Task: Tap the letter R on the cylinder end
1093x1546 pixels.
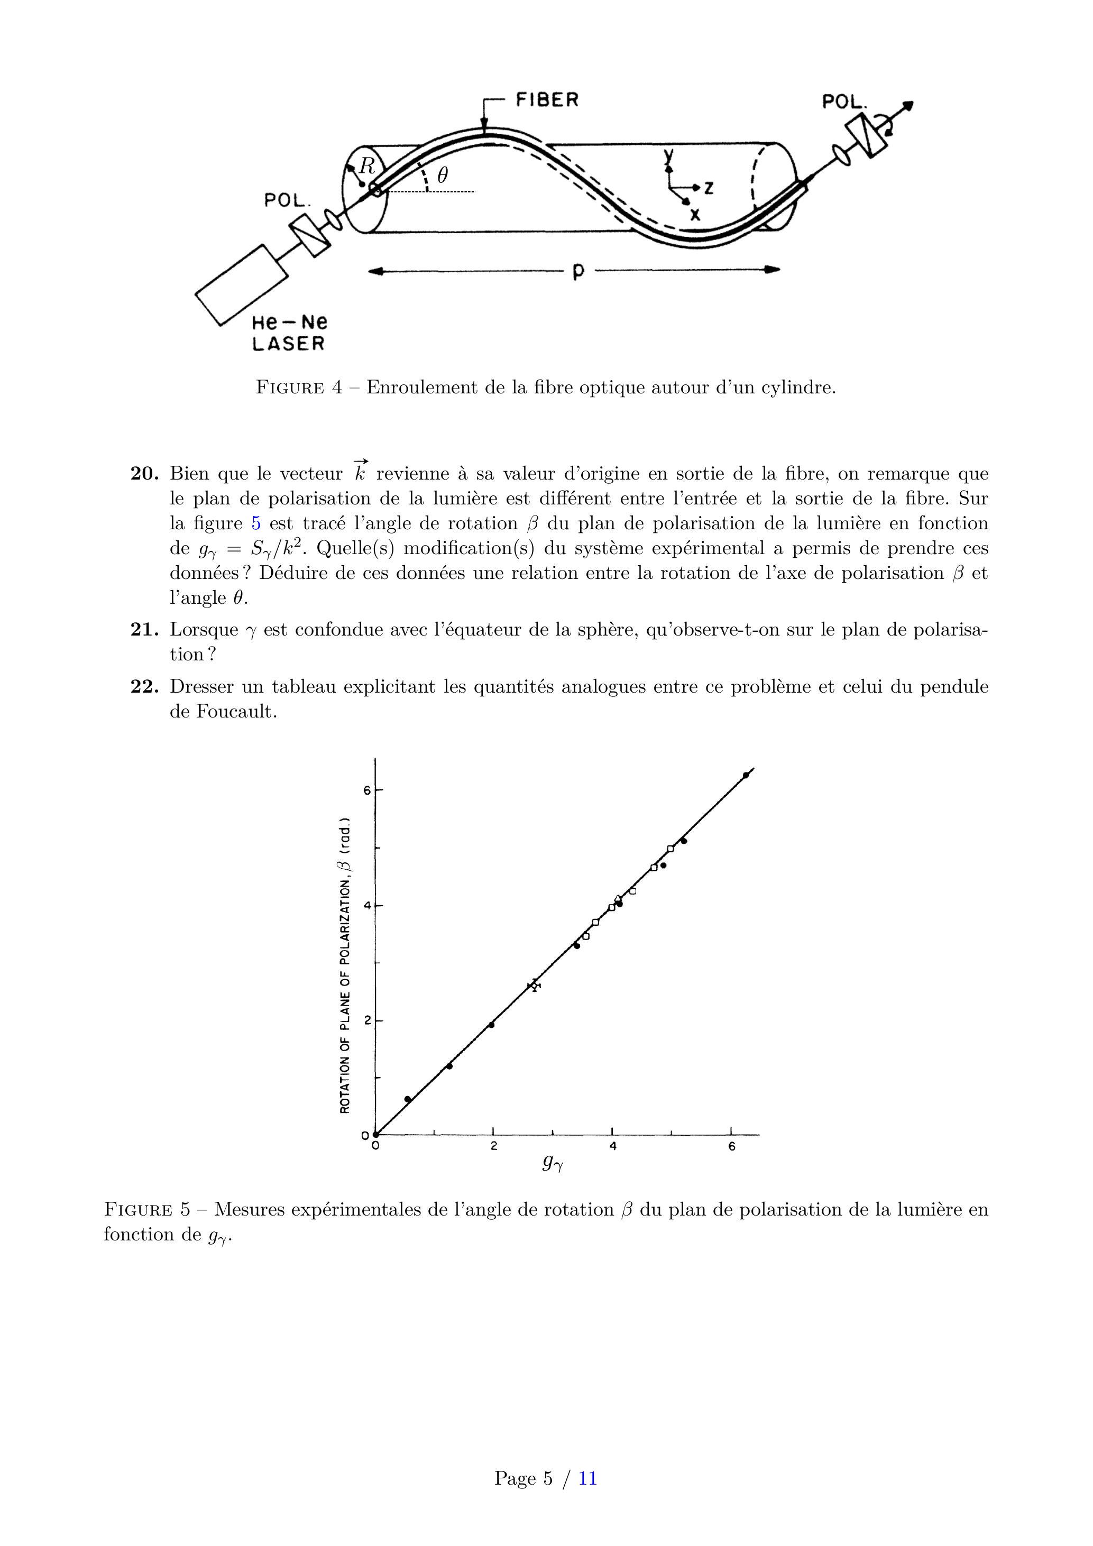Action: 367,165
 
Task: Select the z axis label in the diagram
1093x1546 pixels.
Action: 709,189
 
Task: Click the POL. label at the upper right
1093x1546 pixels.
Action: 844,103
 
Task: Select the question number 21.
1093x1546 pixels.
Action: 143,630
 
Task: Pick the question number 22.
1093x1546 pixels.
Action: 143,687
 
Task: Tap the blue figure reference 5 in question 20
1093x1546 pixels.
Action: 256,524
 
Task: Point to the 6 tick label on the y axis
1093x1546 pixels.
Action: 367,790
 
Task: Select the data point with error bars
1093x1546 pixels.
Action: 534,985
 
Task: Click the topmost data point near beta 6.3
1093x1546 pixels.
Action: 746,775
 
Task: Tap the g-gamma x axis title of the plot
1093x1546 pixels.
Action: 552,1163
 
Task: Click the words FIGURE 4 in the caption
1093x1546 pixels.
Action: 299,388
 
